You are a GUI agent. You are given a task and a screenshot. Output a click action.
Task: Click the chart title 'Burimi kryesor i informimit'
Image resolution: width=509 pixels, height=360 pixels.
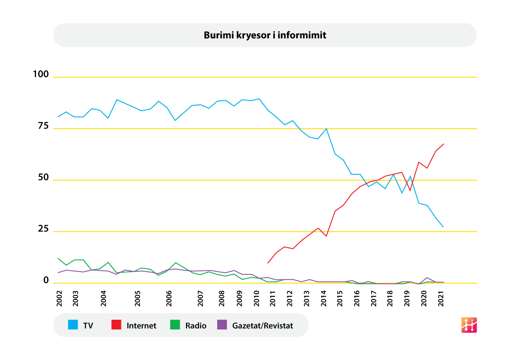[x=265, y=35]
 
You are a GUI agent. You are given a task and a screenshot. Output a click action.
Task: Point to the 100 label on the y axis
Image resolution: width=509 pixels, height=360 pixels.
[x=41, y=74]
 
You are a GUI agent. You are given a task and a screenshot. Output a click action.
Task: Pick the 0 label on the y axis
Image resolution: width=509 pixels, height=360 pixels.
[x=46, y=280]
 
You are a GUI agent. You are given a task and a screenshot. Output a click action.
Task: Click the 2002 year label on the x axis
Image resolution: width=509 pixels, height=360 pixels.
[x=59, y=299]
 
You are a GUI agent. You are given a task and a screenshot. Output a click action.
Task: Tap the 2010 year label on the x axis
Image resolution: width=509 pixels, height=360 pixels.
[x=256, y=299]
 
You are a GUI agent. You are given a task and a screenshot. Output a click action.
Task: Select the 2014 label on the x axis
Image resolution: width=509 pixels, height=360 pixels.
[x=324, y=299]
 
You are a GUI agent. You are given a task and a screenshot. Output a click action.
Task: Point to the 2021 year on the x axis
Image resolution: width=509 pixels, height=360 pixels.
[x=441, y=299]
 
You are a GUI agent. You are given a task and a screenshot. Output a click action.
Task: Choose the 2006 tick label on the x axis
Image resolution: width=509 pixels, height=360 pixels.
[x=169, y=299]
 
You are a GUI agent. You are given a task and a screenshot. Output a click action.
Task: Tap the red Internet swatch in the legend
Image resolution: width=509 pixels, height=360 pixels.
[x=117, y=325]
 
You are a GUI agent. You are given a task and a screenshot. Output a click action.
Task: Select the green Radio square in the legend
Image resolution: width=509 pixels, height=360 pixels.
[x=175, y=325]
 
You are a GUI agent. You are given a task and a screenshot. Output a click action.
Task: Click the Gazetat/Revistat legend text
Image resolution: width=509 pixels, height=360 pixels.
[x=263, y=326]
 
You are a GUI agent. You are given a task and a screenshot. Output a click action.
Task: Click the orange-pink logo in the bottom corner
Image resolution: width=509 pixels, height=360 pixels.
[x=469, y=325]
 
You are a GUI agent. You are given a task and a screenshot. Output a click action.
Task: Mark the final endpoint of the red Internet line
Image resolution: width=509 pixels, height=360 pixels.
[x=444, y=144]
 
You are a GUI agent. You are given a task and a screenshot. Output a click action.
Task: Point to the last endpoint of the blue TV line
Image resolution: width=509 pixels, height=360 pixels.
[x=444, y=227]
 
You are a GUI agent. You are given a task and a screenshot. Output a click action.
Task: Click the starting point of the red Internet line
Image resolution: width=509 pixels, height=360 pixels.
[x=268, y=263]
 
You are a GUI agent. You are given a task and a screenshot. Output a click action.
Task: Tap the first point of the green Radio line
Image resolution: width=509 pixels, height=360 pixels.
[x=58, y=258]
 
